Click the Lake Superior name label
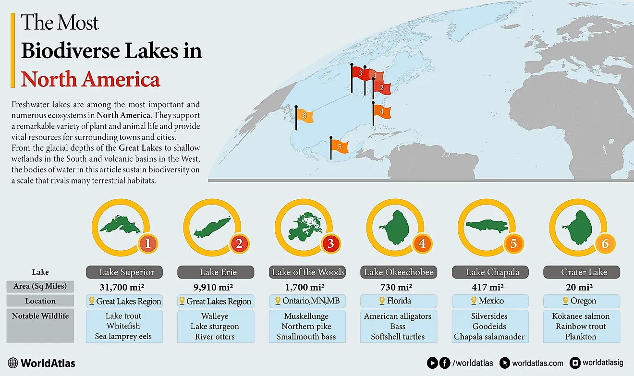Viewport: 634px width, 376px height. point(127,272)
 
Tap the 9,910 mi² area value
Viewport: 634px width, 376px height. point(216,287)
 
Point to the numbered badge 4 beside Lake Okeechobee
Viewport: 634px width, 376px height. point(422,244)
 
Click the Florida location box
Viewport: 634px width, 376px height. point(399,301)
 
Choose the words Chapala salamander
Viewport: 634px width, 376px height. point(489,337)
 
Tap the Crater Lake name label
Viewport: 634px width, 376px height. point(582,272)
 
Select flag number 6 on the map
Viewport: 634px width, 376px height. point(305,116)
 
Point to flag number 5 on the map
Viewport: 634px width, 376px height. point(339,146)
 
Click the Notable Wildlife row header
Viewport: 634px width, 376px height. point(40,316)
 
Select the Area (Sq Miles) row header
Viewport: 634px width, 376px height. point(40,287)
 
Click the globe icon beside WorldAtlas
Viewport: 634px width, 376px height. point(13,363)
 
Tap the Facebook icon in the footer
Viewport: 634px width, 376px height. point(445,363)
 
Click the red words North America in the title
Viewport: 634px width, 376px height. point(90,79)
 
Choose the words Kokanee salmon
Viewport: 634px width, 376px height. point(581,316)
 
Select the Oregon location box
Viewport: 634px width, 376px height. point(582,301)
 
